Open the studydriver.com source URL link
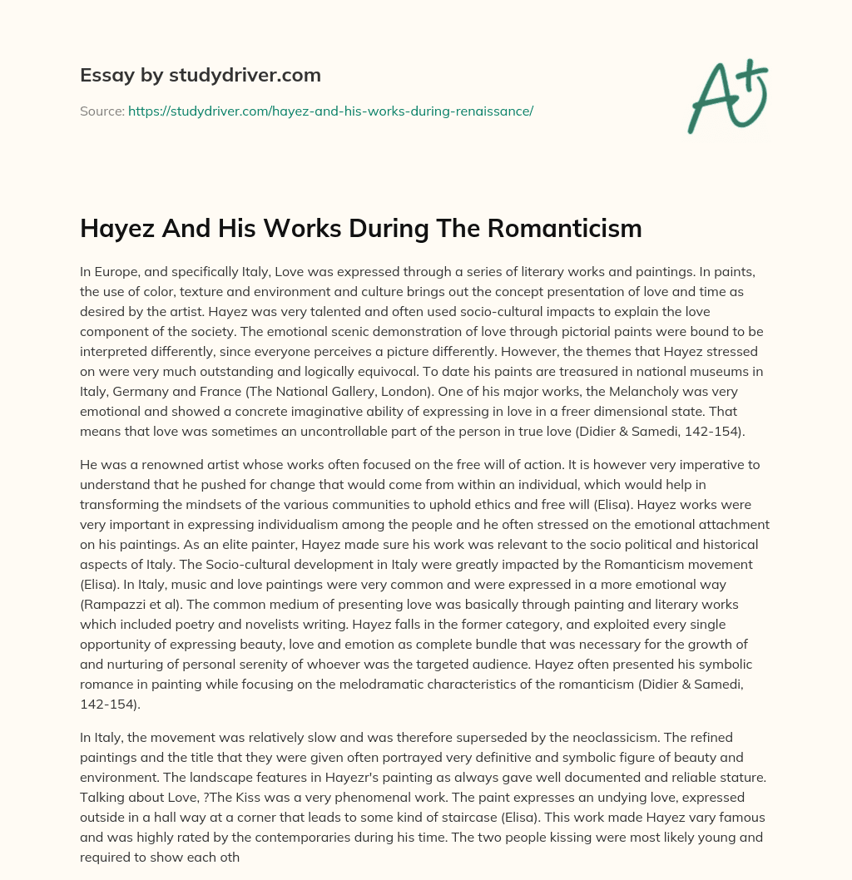pos(330,111)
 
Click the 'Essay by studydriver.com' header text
pos(200,75)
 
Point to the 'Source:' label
pos(102,111)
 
